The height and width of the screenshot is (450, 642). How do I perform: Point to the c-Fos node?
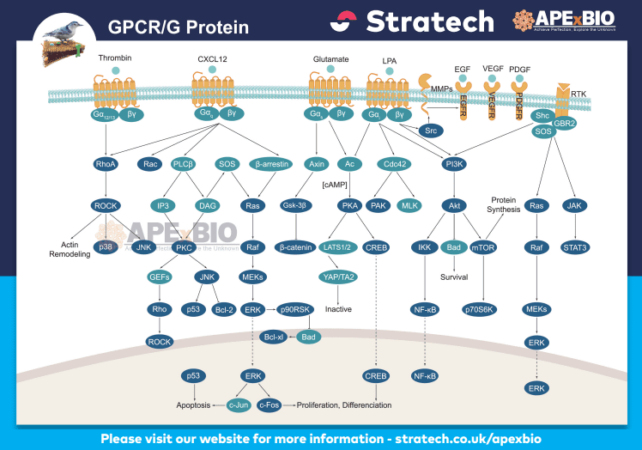[x=270, y=404]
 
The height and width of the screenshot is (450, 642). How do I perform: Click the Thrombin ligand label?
[x=114, y=58]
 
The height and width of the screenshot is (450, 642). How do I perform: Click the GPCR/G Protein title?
[x=179, y=27]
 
